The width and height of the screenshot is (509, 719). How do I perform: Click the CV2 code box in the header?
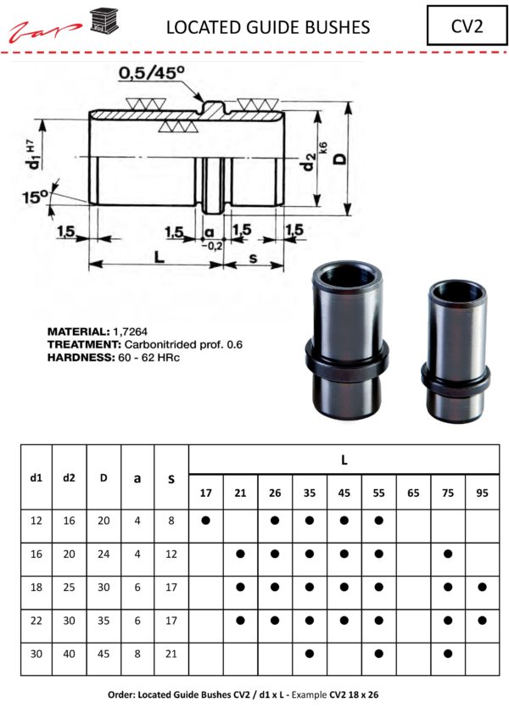click(x=467, y=25)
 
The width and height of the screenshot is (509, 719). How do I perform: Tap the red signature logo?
click(x=46, y=31)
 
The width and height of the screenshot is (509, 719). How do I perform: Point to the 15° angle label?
click(x=36, y=197)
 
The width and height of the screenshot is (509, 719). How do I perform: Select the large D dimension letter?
click(x=339, y=159)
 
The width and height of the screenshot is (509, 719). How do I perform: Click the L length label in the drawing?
click(x=159, y=256)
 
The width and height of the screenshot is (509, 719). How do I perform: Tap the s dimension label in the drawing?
click(x=253, y=259)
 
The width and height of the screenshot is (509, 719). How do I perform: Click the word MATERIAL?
click(x=79, y=332)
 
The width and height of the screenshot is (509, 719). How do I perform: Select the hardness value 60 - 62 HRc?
click(x=149, y=357)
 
